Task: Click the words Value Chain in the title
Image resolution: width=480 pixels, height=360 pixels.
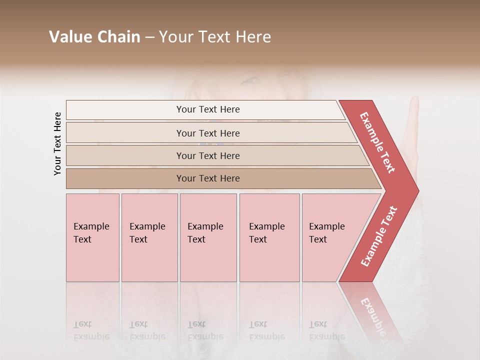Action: click(94, 37)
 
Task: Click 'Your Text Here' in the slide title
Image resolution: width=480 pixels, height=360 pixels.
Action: click(215, 37)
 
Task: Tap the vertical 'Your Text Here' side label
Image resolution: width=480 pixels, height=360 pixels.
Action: click(57, 143)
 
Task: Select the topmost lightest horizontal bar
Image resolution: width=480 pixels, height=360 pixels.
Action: click(205, 109)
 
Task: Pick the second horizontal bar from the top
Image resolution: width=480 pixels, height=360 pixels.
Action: click(207, 133)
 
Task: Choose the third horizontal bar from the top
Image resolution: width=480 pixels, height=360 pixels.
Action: click(207, 155)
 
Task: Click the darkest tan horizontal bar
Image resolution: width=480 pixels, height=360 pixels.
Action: click(207, 178)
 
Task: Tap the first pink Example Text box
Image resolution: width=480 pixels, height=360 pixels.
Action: click(92, 237)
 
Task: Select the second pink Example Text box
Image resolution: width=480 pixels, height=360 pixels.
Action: click(149, 237)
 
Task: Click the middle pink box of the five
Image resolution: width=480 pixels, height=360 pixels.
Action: click(208, 237)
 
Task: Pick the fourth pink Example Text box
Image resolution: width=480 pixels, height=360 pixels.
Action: click(269, 237)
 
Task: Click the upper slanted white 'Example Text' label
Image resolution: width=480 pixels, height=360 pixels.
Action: click(378, 142)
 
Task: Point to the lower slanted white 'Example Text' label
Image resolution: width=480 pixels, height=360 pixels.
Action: click(379, 236)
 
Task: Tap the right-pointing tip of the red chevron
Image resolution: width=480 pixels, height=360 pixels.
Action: click(416, 191)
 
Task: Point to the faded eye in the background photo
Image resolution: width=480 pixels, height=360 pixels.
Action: click(251, 80)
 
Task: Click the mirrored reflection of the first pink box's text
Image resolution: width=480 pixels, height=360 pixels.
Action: click(91, 330)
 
